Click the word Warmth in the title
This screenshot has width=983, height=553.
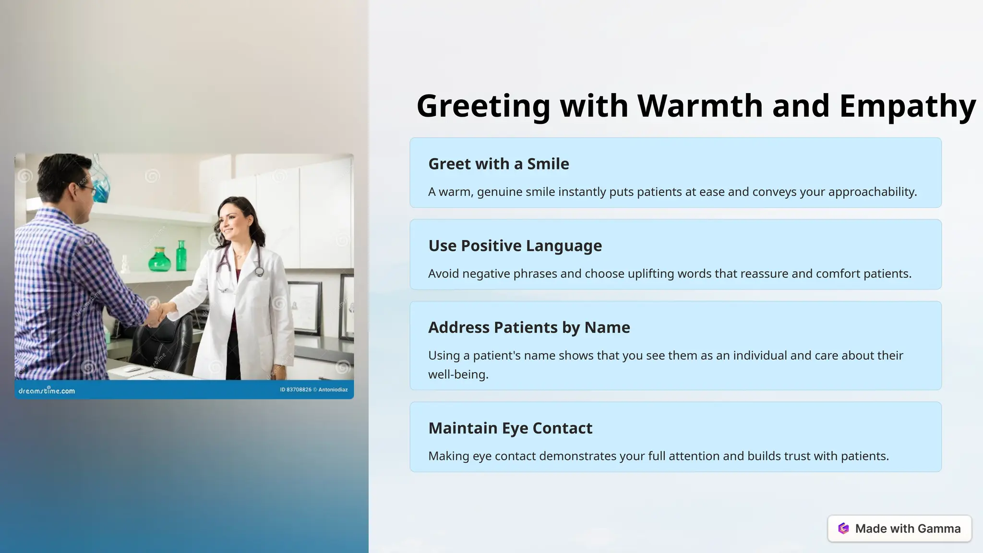(700, 106)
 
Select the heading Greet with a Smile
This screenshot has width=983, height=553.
(498, 164)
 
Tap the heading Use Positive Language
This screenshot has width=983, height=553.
(515, 246)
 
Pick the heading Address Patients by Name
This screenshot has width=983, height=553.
(529, 327)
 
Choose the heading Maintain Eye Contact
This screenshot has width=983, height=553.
(510, 428)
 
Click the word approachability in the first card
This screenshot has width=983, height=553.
(872, 192)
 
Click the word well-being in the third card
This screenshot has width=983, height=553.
(458, 374)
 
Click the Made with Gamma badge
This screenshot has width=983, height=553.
(899, 529)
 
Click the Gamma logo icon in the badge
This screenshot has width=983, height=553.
(843, 529)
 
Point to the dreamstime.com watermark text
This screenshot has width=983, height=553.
(47, 391)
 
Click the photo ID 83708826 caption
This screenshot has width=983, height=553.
(296, 390)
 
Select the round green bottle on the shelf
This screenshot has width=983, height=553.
(159, 260)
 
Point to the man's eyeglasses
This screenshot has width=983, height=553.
(88, 189)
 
